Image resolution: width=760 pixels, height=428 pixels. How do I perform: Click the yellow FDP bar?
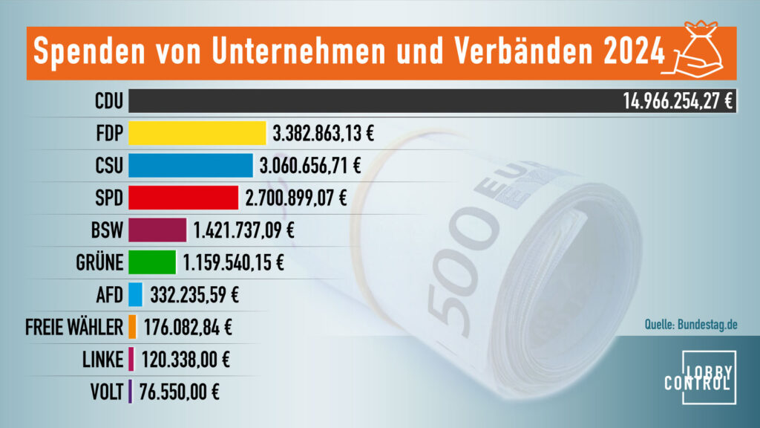pyautogui.click(x=197, y=133)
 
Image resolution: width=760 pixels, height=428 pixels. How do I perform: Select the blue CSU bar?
pyautogui.click(x=191, y=165)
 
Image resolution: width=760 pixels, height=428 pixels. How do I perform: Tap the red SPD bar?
pyautogui.click(x=183, y=197)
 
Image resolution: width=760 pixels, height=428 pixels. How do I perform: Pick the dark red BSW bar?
pyautogui.click(x=157, y=230)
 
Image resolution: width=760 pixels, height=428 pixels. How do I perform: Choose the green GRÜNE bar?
pyautogui.click(x=152, y=262)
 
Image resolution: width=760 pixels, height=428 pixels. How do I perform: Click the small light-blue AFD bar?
pyautogui.click(x=135, y=294)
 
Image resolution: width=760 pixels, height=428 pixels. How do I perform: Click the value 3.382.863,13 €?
pyautogui.click(x=323, y=134)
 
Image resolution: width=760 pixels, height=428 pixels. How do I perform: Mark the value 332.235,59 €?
pyautogui.click(x=194, y=294)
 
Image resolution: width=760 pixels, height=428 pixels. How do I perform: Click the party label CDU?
pyautogui.click(x=108, y=102)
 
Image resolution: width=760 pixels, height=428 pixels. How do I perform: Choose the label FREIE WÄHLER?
pyautogui.click(x=74, y=327)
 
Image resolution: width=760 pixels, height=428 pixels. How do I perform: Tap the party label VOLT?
pyautogui.click(x=105, y=391)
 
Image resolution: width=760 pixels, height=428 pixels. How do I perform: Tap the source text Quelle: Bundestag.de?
pyautogui.click(x=692, y=324)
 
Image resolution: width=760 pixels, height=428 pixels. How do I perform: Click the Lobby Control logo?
pyautogui.click(x=699, y=378)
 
